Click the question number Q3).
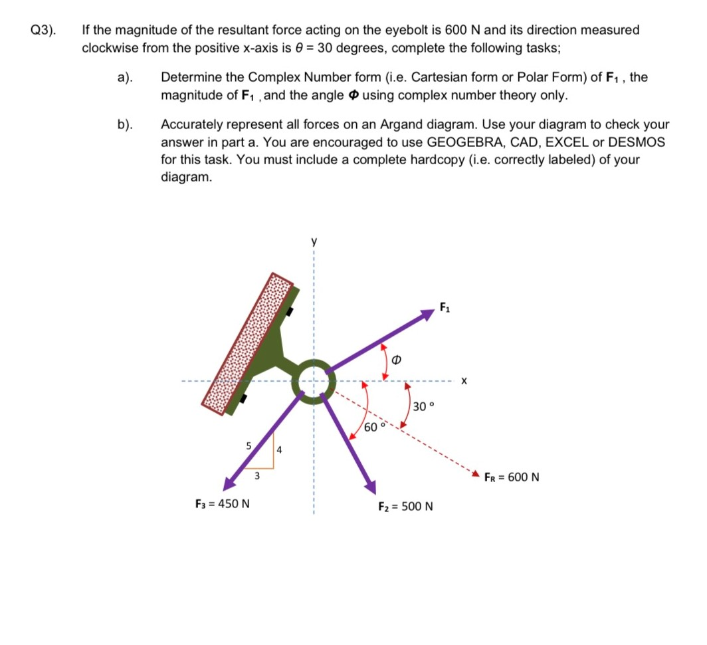[43, 30]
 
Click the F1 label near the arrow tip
[445, 307]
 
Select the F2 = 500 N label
[405, 507]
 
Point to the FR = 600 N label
[512, 477]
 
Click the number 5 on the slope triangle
[249, 446]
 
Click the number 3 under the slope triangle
[257, 475]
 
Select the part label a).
[124, 78]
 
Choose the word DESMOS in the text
[638, 142]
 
